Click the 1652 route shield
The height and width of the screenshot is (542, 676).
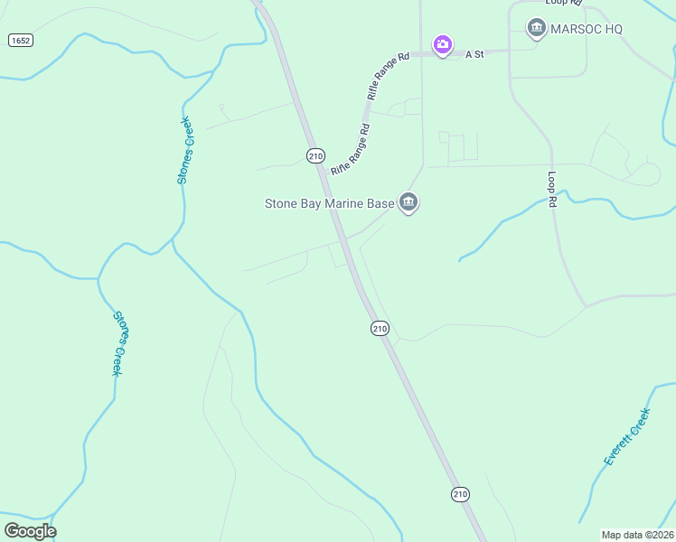pos(20,41)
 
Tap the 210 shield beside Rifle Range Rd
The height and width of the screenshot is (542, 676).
pos(315,155)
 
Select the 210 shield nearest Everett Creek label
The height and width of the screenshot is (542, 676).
pos(461,494)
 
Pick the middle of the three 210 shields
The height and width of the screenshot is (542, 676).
pos(380,328)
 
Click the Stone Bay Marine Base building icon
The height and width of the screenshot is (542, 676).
pos(408,203)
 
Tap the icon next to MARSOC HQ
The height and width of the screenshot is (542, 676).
pos(537,29)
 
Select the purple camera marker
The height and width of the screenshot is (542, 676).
pos(443,44)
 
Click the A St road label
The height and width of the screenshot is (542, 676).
pos(475,54)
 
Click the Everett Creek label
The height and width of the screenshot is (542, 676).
pos(627,437)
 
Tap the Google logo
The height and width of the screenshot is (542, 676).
pos(30,531)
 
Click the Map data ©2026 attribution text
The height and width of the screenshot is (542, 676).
pos(638,534)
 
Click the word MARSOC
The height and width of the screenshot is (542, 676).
pos(576,29)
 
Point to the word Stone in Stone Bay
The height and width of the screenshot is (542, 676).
pos(283,203)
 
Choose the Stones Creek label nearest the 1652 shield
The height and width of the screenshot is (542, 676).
pos(185,151)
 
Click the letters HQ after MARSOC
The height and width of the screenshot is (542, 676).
pos(614,29)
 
